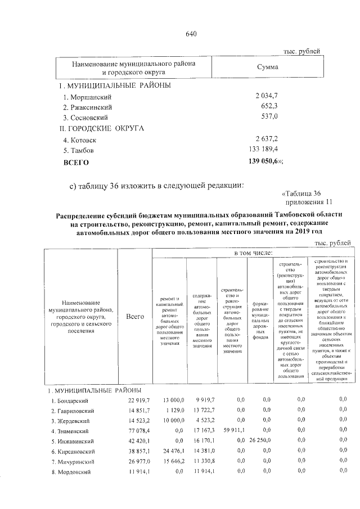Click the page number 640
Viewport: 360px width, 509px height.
click(191, 34)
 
